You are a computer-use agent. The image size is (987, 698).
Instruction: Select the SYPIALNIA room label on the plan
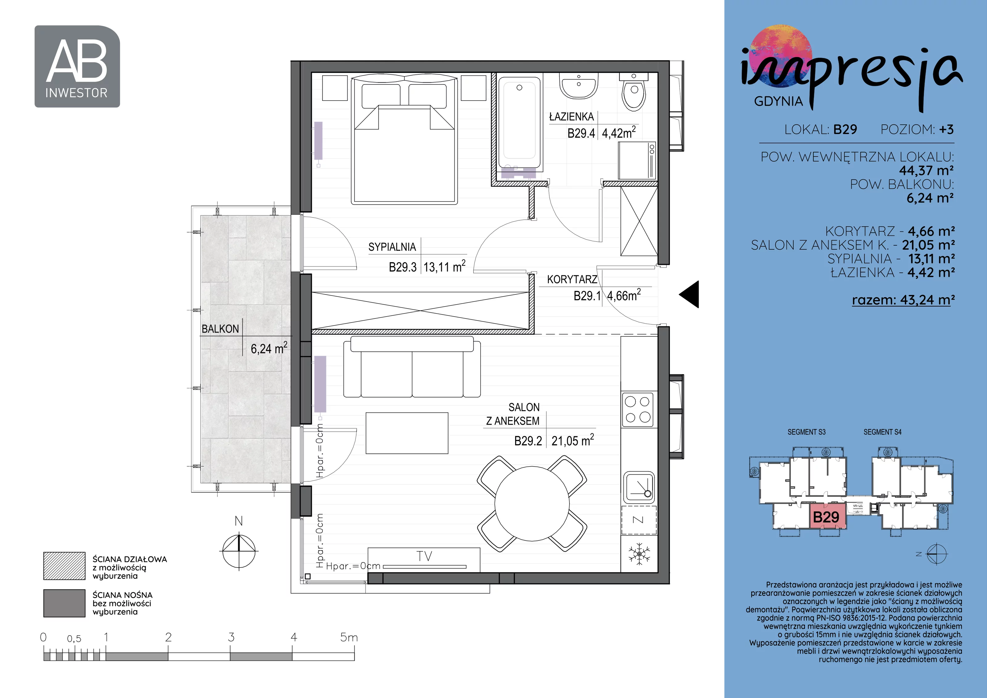click(392, 247)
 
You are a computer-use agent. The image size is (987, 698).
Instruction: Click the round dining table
click(532, 503)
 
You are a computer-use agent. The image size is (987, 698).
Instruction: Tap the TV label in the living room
click(424, 556)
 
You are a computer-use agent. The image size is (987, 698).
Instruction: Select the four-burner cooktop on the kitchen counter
click(638, 409)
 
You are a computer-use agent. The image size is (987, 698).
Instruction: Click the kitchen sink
click(639, 487)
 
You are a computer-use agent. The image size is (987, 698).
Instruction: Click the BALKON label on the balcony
click(220, 329)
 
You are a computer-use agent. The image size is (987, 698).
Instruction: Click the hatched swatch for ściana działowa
click(64, 566)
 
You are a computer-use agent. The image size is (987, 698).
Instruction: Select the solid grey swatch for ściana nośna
click(64, 603)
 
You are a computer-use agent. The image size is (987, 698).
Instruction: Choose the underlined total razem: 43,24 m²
click(904, 299)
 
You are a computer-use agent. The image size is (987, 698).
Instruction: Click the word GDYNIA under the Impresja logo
click(778, 101)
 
